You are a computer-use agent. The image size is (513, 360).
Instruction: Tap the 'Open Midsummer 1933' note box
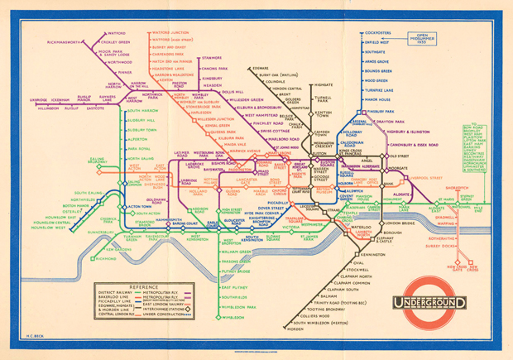(x=430, y=37)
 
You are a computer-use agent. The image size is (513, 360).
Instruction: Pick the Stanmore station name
(x=210, y=58)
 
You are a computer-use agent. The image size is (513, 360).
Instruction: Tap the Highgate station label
(x=324, y=84)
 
